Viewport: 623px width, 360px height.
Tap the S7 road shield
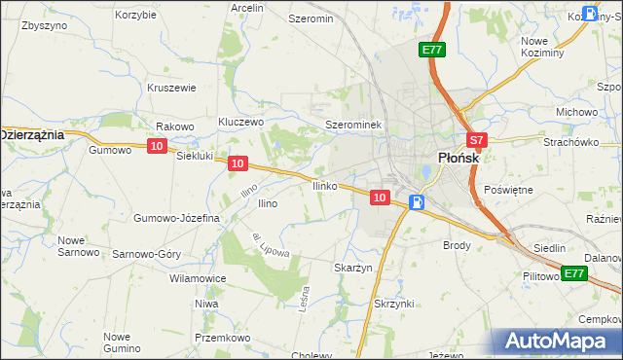click(x=474, y=140)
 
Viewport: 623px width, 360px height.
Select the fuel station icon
click(x=417, y=202)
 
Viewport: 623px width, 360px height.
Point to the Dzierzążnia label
click(x=31, y=134)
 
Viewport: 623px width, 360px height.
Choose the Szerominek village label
click(x=357, y=126)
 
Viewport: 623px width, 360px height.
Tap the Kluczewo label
click(x=241, y=122)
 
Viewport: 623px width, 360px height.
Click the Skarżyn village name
click(x=353, y=268)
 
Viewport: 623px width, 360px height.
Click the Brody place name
click(x=457, y=246)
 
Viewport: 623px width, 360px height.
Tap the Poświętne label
click(x=508, y=190)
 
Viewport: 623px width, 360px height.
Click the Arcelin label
click(x=247, y=8)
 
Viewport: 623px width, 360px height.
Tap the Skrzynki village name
click(x=394, y=304)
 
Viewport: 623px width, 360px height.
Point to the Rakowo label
click(x=175, y=126)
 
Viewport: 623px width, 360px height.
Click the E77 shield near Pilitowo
click(x=574, y=273)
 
